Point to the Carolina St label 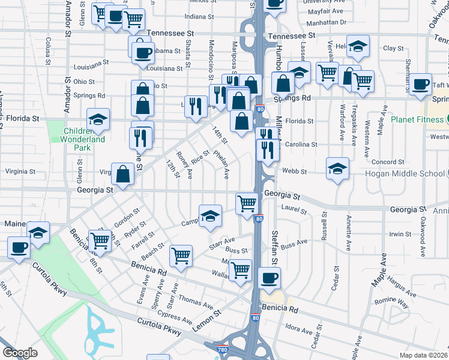[302, 145]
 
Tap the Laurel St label [294, 212]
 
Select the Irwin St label [399, 234]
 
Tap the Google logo [20, 353]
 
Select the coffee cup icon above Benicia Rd [269, 278]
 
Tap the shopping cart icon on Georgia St [247, 203]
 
